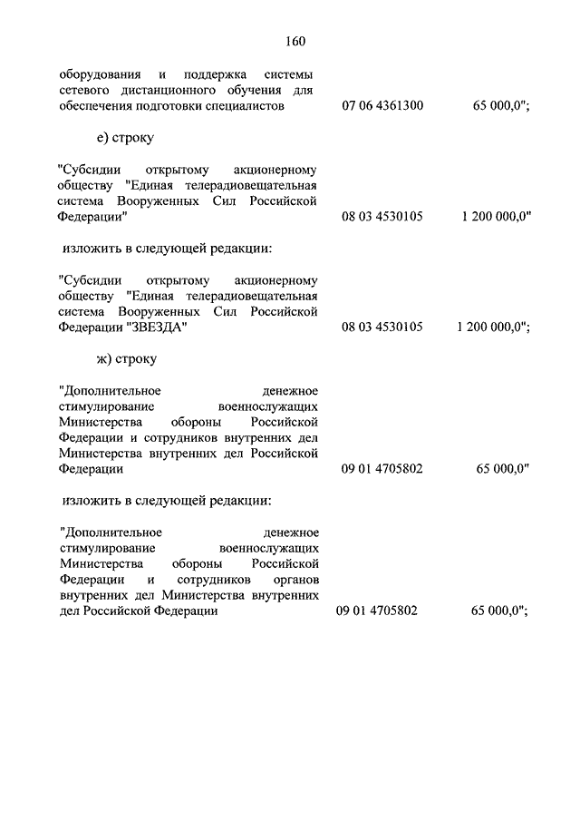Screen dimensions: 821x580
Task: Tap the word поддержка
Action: pyautogui.click(x=213, y=75)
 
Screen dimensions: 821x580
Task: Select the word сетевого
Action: pyautogui.click(x=82, y=91)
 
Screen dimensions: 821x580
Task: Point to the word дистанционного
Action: pyautogui.click(x=167, y=91)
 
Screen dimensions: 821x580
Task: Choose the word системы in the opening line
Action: pyautogui.click(x=291, y=75)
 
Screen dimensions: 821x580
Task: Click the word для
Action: pyautogui.click(x=306, y=91)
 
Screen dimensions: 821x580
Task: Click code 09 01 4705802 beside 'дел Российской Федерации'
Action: pyautogui.click(x=378, y=611)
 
